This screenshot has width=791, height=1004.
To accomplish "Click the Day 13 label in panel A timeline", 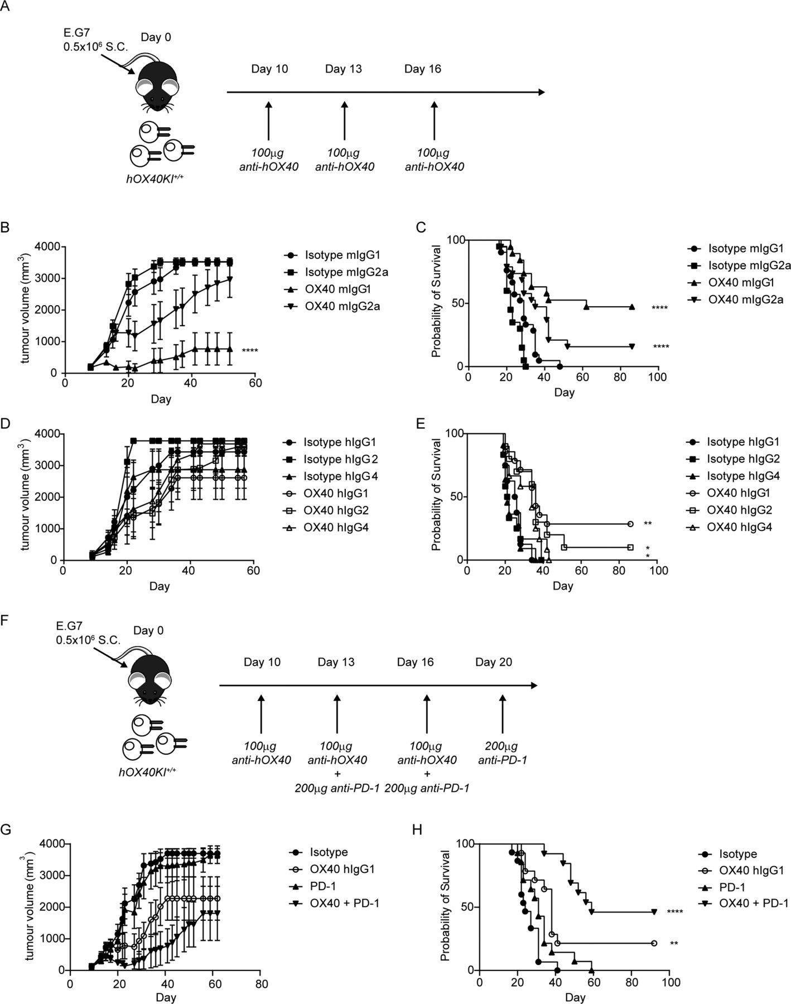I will pyautogui.click(x=343, y=69).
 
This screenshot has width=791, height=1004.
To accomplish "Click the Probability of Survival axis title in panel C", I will pyautogui.click(x=437, y=303).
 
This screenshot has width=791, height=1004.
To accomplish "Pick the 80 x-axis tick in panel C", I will pyautogui.click(x=620, y=378).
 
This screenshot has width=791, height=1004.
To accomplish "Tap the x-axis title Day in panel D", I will pyautogui.click(x=160, y=586).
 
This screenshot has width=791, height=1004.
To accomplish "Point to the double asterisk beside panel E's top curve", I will pyautogui.click(x=648, y=524).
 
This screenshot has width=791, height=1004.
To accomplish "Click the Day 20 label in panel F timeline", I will pyautogui.click(x=494, y=662).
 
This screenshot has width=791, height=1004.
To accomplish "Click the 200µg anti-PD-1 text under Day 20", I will pyautogui.click(x=502, y=753).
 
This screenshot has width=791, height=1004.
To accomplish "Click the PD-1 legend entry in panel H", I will pyautogui.click(x=730, y=886).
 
